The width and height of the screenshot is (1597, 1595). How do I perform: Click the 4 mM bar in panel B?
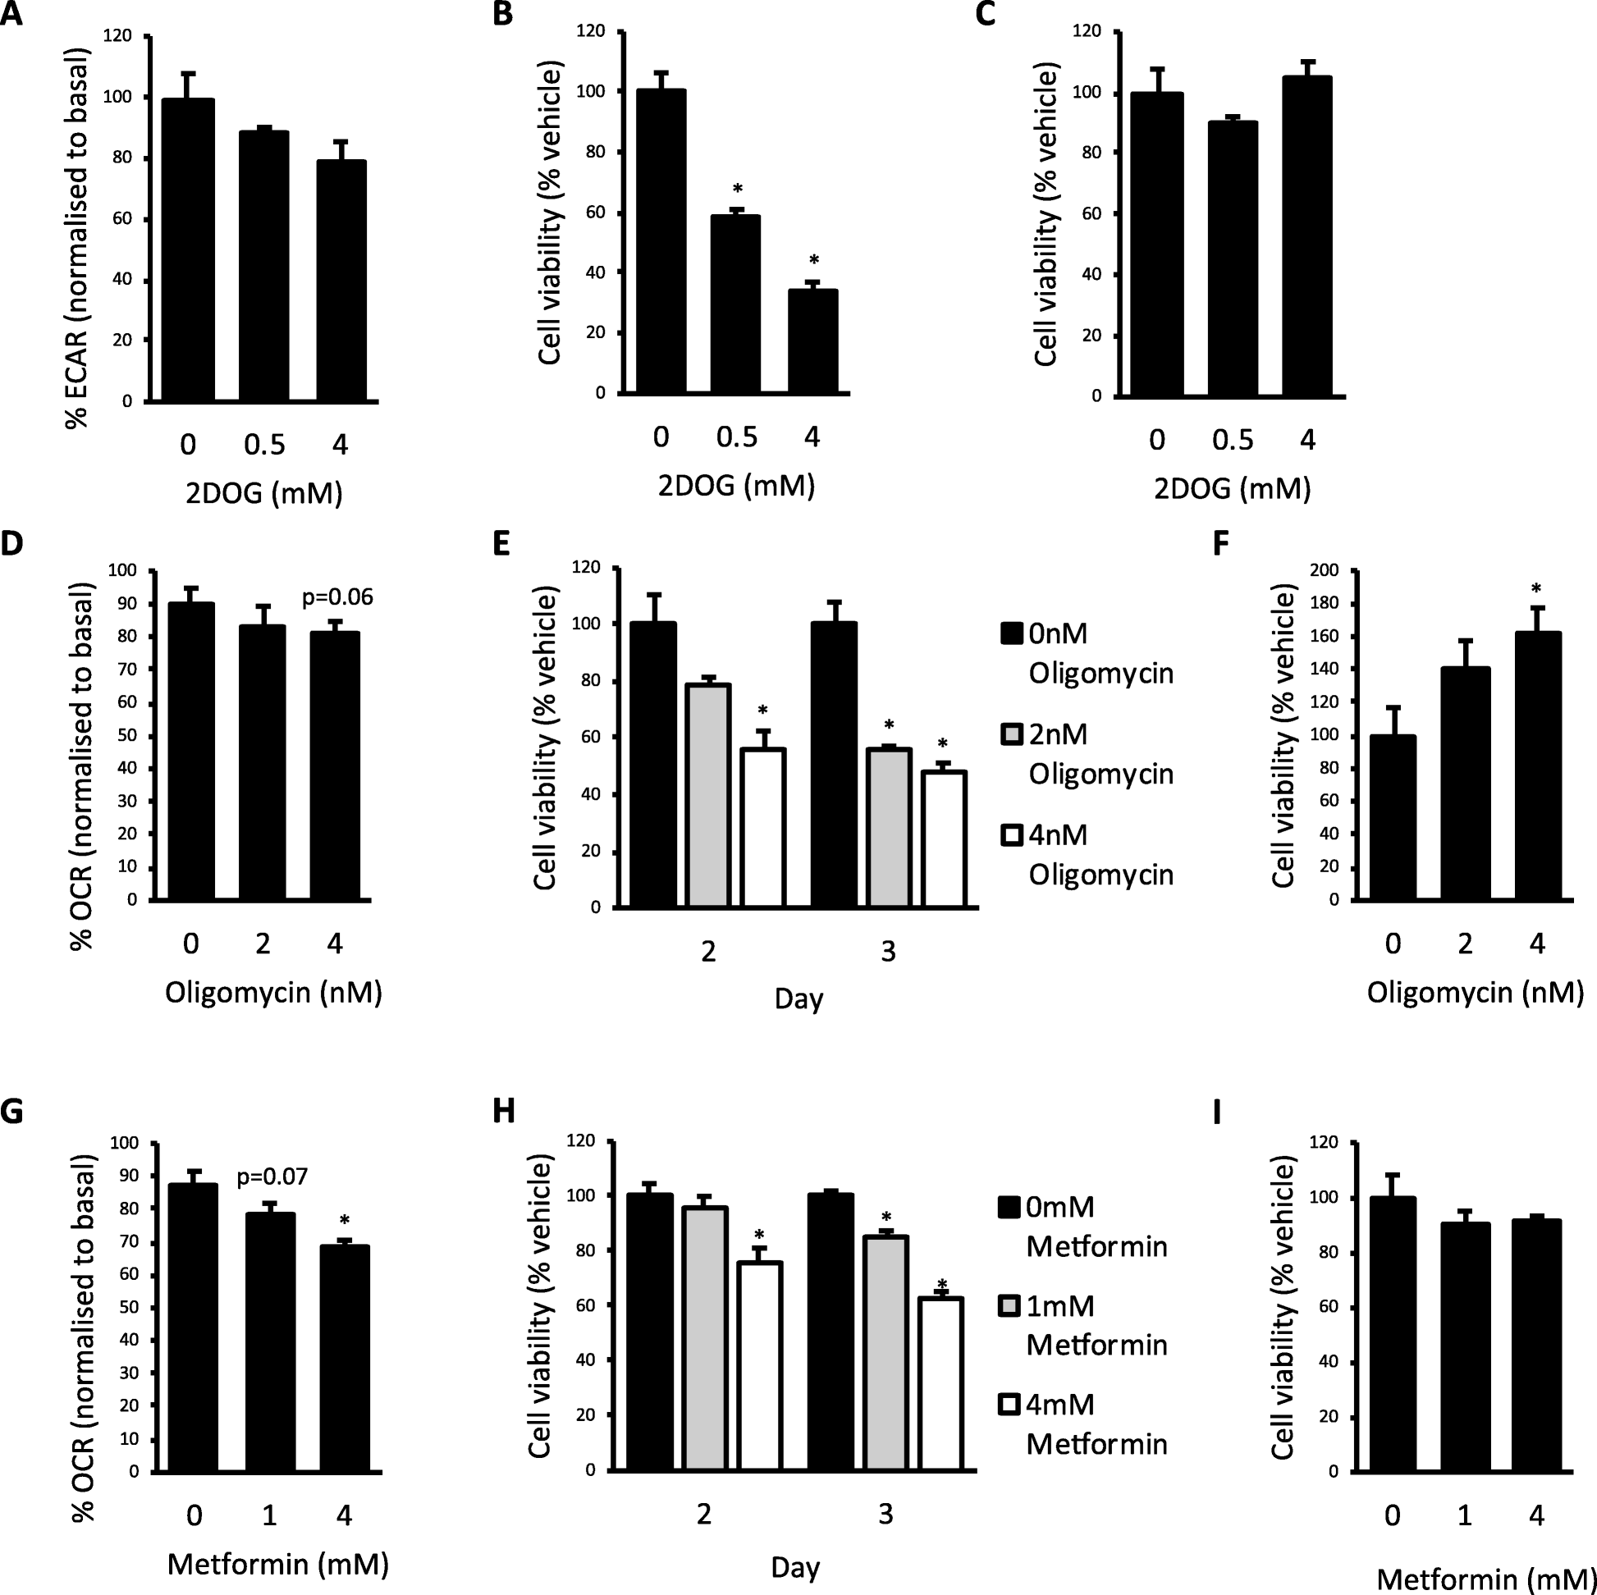(x=812, y=340)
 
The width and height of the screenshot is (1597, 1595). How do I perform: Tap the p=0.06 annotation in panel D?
(x=336, y=596)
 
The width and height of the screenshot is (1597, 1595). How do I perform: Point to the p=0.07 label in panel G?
(x=272, y=1176)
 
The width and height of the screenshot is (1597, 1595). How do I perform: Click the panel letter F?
(x=1221, y=546)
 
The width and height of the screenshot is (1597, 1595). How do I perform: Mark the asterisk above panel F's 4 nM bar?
(x=1535, y=589)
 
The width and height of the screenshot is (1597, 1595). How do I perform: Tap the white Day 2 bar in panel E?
(x=762, y=827)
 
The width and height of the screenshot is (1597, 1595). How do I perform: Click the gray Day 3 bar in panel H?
(x=885, y=1352)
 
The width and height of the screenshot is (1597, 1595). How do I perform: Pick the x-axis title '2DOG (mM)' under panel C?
(x=1232, y=489)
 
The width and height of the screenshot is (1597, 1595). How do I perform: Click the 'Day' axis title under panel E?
(x=798, y=999)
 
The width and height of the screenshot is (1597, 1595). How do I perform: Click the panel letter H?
(x=503, y=1112)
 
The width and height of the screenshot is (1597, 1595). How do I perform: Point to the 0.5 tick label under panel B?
(x=735, y=436)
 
